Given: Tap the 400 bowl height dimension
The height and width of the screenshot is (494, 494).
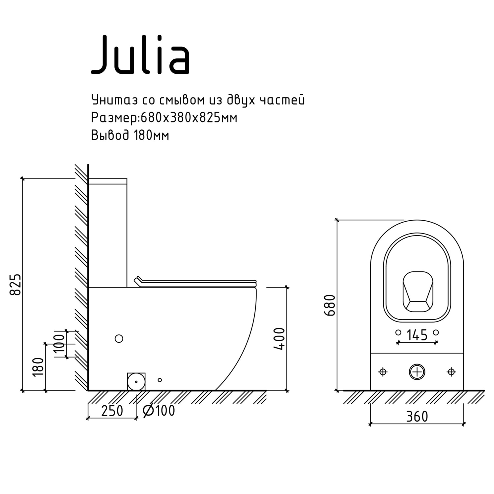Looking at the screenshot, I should point(279,339).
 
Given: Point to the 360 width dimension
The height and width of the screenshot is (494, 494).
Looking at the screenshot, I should point(417,417).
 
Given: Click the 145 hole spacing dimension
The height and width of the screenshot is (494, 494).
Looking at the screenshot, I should point(417,335).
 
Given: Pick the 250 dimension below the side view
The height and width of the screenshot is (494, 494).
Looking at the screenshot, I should point(112,411).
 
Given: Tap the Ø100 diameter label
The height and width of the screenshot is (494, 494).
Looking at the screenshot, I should point(159,411).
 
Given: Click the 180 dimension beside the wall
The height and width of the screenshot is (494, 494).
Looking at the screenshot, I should point(38,367).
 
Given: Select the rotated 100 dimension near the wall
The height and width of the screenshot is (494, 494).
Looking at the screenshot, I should point(60,343).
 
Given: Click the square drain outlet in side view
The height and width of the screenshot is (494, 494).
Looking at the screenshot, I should point(136,382).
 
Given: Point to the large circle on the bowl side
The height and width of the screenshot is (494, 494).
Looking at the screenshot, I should point(119,338).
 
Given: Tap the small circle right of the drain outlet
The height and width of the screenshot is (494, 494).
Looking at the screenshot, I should point(160,380).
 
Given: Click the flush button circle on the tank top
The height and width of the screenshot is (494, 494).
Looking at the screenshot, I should point(417,372).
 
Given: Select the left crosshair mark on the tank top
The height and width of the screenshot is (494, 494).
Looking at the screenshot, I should point(383,372).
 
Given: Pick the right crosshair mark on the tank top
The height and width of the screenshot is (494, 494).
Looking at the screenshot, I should point(451,372).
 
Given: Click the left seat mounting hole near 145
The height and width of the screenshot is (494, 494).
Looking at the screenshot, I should point(398,333).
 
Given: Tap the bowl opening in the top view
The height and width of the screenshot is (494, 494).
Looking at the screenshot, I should point(417,291).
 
